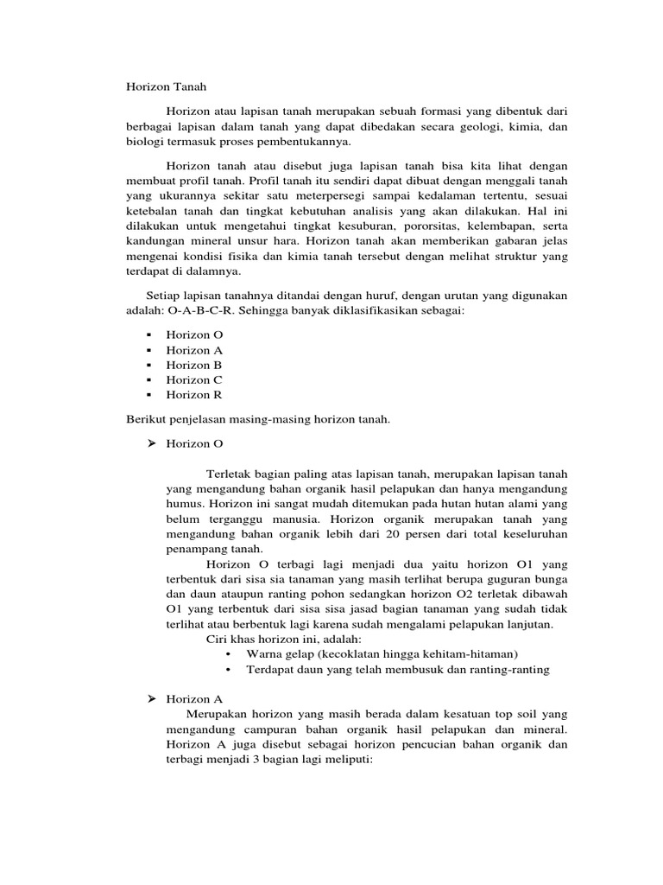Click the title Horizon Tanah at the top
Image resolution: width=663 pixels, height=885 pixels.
(162, 86)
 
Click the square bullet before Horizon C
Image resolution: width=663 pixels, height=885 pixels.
(148, 380)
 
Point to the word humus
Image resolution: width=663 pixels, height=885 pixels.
(184, 505)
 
